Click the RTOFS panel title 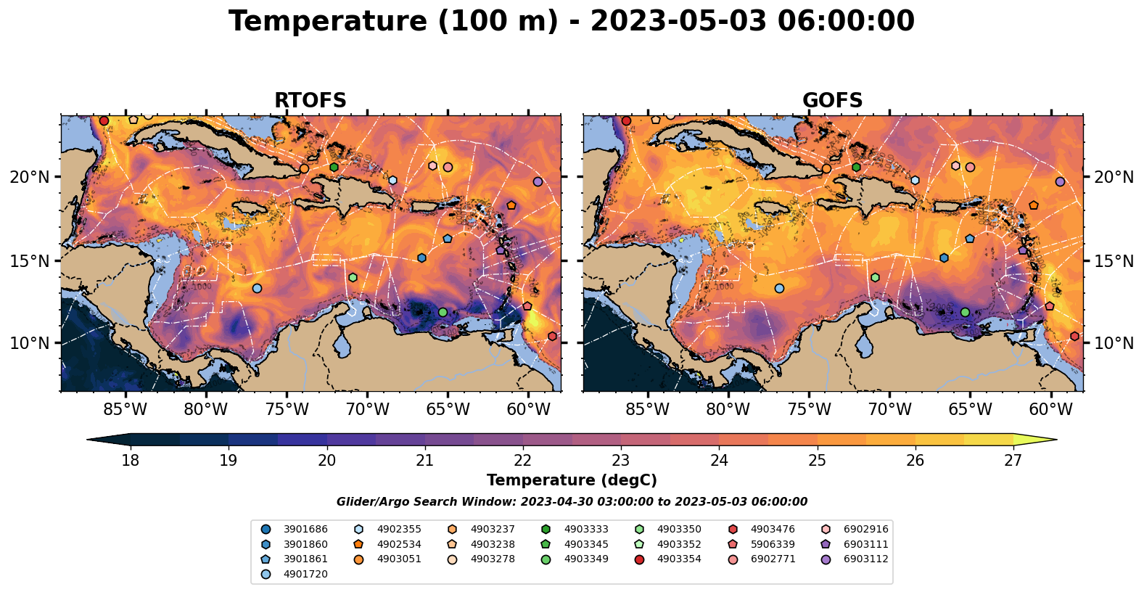(310, 101)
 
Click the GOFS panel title (832, 101)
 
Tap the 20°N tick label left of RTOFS (30, 177)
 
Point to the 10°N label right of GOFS (1114, 343)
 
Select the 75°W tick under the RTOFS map (287, 410)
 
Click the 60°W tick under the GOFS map (1050, 410)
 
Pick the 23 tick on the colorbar (621, 461)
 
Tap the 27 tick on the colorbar (1013, 461)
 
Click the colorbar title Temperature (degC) (572, 480)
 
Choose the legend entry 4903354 (679, 559)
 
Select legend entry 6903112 (865, 559)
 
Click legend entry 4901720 (305, 575)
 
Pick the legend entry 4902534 (399, 544)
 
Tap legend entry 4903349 (585, 559)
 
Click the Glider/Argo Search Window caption (572, 502)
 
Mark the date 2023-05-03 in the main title (679, 22)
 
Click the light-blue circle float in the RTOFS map (257, 288)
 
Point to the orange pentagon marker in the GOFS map (1033, 205)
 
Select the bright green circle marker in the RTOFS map (443, 312)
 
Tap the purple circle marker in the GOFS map (1060, 182)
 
